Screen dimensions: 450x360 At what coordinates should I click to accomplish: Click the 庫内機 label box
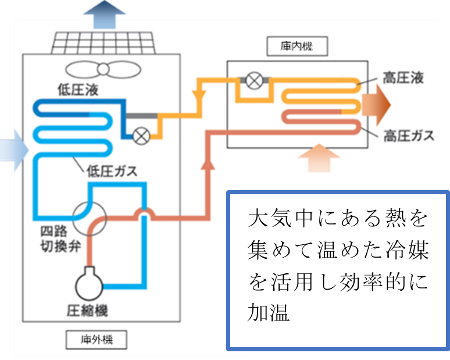click(297, 46)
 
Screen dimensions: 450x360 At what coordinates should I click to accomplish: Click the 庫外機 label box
click(97, 340)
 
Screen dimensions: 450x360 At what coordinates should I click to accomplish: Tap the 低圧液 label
click(78, 90)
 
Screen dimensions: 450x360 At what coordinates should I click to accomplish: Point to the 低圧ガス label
click(112, 171)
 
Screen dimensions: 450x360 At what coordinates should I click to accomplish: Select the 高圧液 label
click(403, 77)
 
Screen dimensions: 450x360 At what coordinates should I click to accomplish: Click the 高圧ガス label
click(409, 136)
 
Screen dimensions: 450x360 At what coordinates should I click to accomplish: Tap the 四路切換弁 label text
click(60, 239)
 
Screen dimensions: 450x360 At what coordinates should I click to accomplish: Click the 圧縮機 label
click(87, 311)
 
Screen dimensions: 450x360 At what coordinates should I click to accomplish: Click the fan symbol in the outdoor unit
click(103, 69)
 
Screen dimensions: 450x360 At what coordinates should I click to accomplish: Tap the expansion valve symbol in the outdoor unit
click(141, 136)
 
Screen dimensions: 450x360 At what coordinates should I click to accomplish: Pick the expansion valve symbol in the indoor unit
click(255, 80)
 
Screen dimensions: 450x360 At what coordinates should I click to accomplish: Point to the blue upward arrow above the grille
click(105, 15)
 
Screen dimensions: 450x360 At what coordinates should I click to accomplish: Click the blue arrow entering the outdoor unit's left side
click(15, 150)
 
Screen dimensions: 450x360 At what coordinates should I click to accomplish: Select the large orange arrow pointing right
click(376, 105)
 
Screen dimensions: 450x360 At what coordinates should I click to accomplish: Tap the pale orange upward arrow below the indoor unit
click(319, 158)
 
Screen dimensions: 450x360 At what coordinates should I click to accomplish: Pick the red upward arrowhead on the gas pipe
click(208, 164)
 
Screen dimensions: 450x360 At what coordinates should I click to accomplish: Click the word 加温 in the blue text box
click(269, 312)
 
